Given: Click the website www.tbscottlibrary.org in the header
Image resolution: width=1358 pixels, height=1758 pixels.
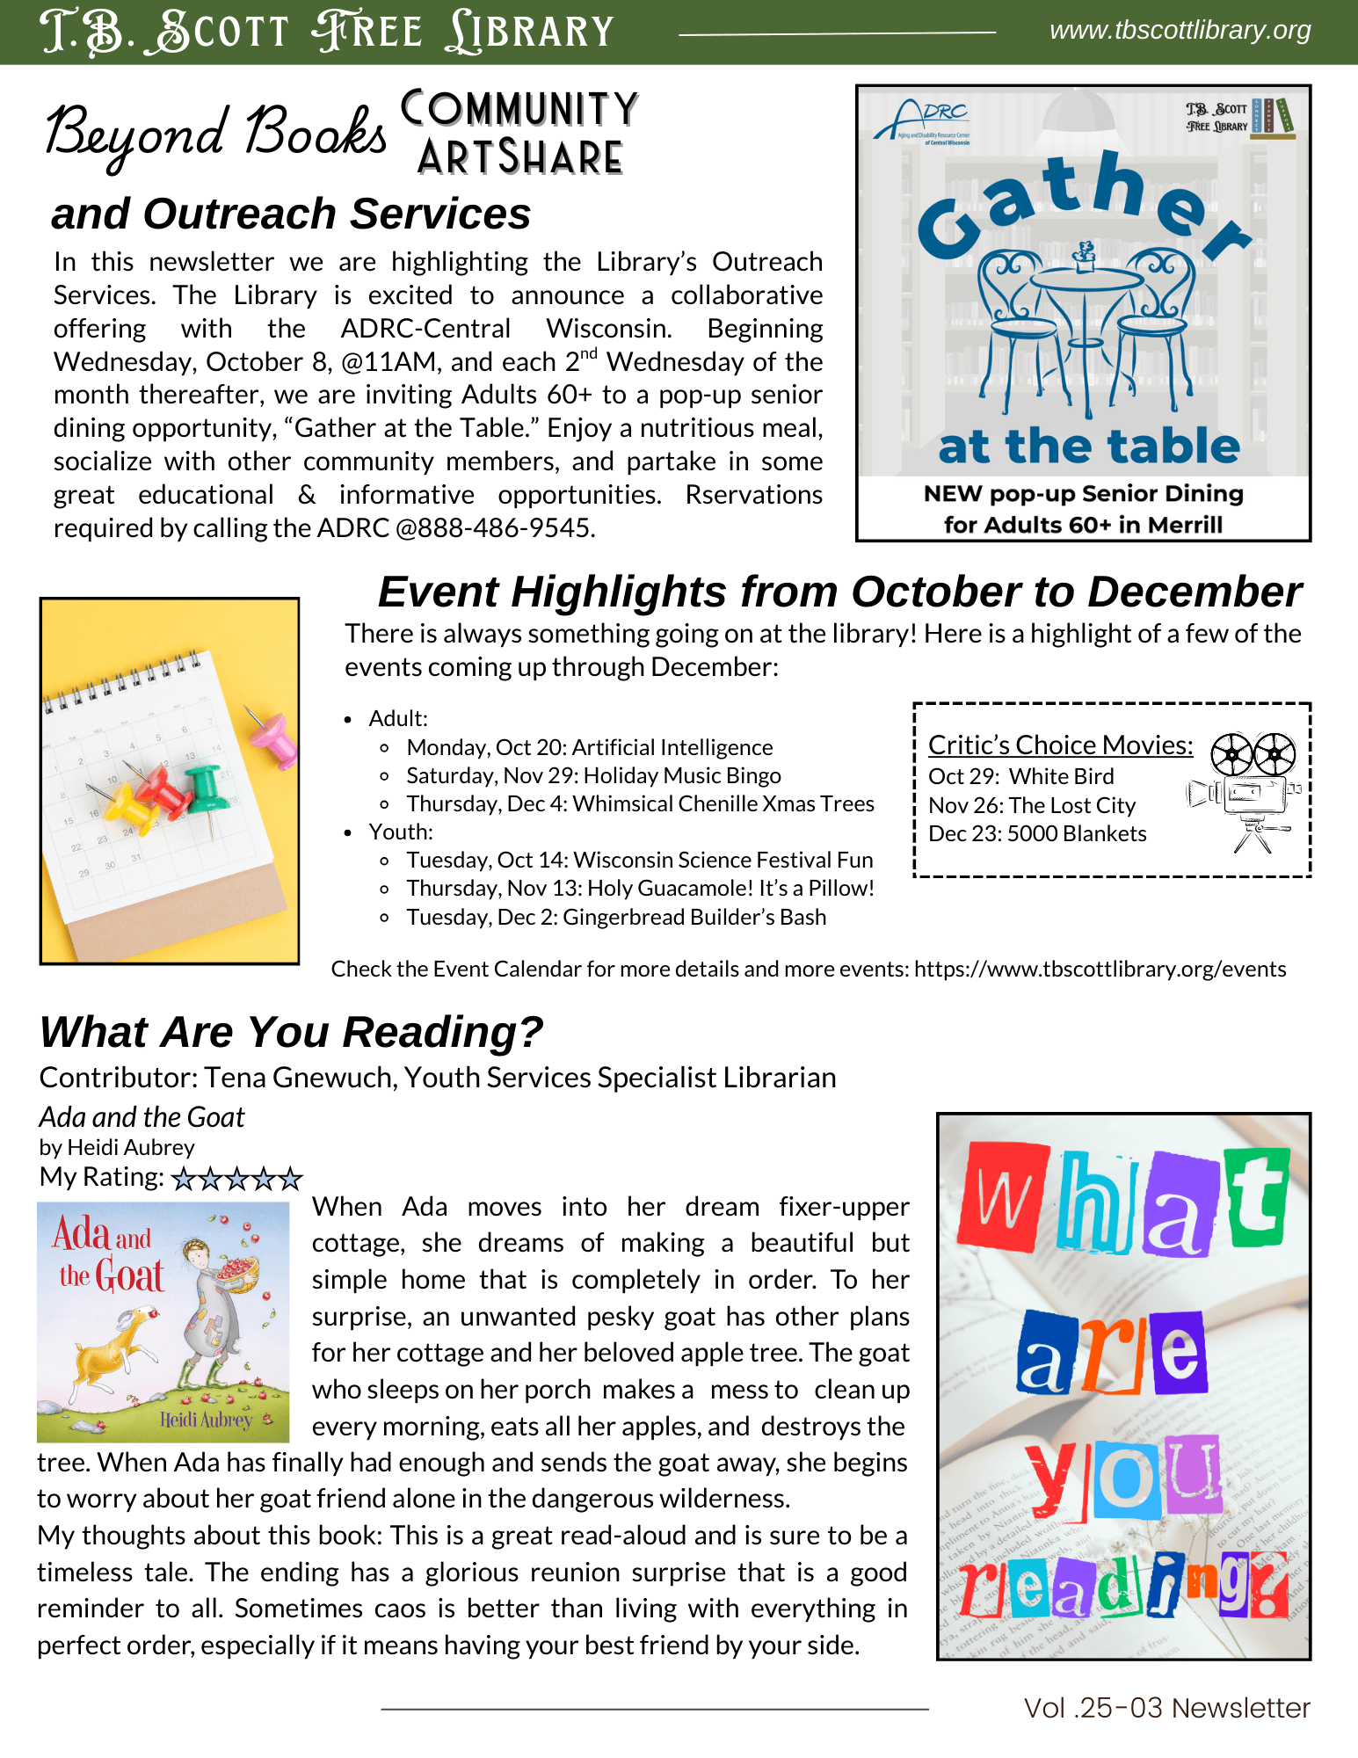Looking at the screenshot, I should click(x=1180, y=31).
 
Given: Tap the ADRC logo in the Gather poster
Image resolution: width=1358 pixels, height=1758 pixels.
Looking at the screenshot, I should click(x=923, y=120).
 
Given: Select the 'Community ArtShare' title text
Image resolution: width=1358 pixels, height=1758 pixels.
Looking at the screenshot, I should click(x=519, y=133).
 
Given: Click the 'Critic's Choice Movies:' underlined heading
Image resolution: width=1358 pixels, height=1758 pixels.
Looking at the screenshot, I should click(x=1060, y=745).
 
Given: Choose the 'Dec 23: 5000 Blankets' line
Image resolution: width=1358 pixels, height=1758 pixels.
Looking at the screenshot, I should click(x=1037, y=834).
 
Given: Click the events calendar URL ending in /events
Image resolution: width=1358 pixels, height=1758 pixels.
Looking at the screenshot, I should click(x=1100, y=970).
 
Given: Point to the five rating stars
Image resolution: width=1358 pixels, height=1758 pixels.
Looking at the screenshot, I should click(x=236, y=1179).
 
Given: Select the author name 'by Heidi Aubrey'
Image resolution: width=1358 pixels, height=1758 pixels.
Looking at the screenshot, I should click(x=117, y=1148).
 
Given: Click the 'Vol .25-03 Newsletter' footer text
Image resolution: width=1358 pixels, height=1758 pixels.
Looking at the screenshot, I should click(x=1166, y=1708).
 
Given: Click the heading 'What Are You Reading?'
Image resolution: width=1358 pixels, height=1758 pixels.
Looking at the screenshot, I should click(x=291, y=1033).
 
